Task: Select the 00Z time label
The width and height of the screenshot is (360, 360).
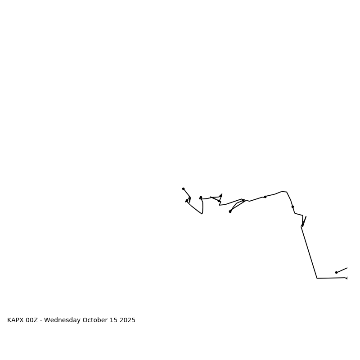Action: (x=32, y=320)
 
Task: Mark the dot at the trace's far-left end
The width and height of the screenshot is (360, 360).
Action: (x=183, y=189)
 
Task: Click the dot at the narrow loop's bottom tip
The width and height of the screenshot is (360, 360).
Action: (x=230, y=211)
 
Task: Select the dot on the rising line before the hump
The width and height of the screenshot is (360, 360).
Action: (x=265, y=197)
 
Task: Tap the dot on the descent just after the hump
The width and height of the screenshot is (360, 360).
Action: (x=292, y=207)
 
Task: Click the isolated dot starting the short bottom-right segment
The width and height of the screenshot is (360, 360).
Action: (x=336, y=272)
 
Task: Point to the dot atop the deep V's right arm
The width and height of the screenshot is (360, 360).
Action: (x=201, y=197)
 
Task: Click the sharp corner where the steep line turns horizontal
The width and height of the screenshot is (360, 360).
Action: (x=317, y=278)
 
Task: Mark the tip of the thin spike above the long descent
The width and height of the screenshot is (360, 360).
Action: (x=306, y=216)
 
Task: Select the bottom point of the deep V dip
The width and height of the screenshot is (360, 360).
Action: (x=202, y=214)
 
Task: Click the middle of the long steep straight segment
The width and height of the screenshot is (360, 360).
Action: (x=309, y=252)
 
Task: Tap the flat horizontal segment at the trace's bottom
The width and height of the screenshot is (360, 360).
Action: (x=331, y=278)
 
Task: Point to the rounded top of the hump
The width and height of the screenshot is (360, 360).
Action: (x=283, y=192)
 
